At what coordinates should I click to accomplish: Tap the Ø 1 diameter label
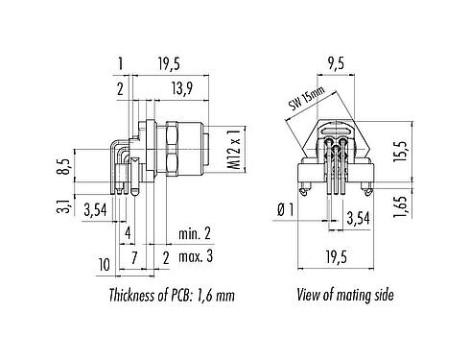(x=284, y=210)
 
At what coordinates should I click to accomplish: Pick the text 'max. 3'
(x=197, y=256)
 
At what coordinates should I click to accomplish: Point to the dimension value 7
(x=135, y=256)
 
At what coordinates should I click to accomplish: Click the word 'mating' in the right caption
(x=347, y=296)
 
